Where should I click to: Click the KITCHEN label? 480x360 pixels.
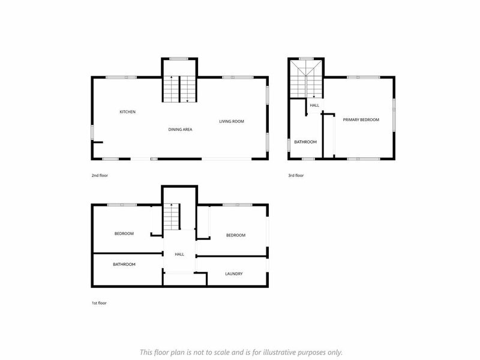coord(127,112)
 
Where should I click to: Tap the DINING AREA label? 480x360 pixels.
coord(181,130)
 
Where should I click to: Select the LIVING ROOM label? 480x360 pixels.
coord(232,122)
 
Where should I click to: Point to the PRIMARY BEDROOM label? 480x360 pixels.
coord(361,119)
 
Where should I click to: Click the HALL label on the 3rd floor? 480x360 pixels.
coord(314,106)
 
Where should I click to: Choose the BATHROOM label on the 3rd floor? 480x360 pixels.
coord(305,142)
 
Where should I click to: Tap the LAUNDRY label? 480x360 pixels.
coord(234,274)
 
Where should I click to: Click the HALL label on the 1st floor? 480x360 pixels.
coord(179,254)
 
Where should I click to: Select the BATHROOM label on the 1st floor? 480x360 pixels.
coord(124,265)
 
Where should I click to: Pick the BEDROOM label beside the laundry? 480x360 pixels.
coord(236,235)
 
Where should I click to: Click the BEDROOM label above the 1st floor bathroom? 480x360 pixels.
coord(124,234)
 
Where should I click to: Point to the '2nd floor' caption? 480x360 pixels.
coord(100,175)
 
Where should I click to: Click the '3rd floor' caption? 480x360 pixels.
coord(296,175)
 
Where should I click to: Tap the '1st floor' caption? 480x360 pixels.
coord(99,303)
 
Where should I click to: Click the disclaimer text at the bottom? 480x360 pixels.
coord(241,352)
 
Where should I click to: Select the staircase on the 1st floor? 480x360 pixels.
coord(172,217)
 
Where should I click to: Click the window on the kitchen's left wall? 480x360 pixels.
coord(92,133)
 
